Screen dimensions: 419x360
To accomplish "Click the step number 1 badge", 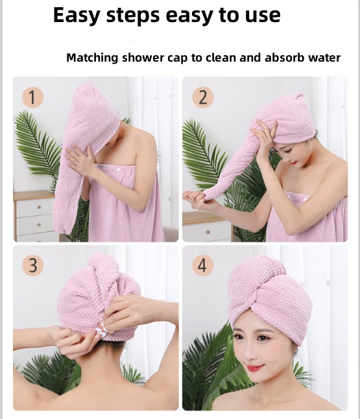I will (x=32, y=98).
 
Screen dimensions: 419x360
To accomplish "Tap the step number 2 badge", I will (x=202, y=98).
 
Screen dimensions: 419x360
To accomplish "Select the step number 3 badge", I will (x=32, y=265).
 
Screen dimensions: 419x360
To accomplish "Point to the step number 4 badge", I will (x=202, y=265).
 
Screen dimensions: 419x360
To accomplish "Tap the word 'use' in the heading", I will (x=261, y=15).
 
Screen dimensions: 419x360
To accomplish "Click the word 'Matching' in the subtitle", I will (x=93, y=58).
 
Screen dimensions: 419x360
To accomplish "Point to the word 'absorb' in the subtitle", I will (x=283, y=58).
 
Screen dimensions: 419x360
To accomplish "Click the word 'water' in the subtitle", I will (x=324, y=58).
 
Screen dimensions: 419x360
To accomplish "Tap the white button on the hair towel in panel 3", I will (x=101, y=329).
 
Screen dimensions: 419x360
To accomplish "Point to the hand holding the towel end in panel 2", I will (x=194, y=195).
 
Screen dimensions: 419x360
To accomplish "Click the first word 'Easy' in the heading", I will (x=76, y=15).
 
